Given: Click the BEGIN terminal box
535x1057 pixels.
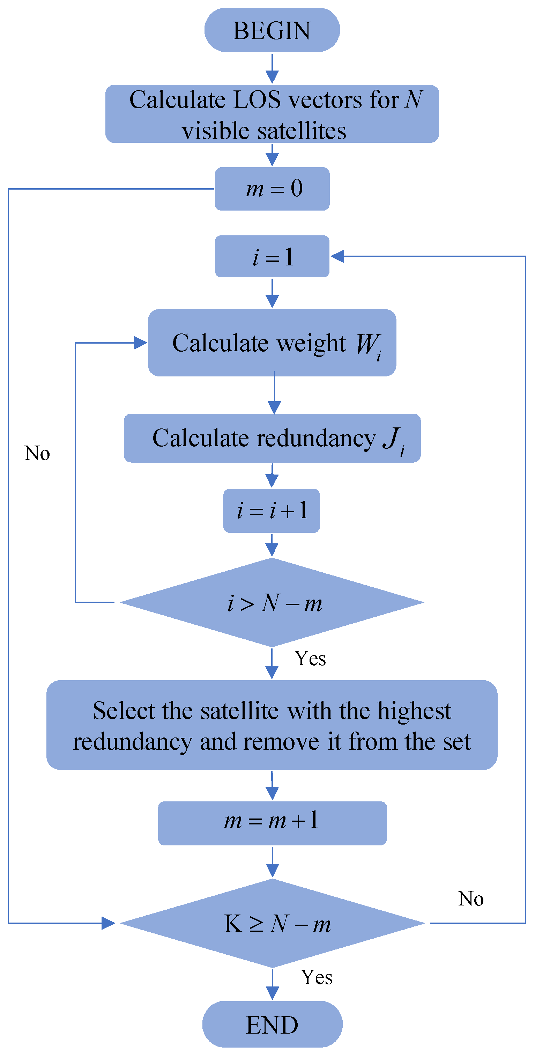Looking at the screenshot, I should click(x=272, y=30).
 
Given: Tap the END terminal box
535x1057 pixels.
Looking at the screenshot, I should click(x=272, y=1024).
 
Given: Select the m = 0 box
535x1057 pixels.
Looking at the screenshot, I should click(x=272, y=189).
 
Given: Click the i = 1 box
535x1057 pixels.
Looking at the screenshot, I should click(x=272, y=256).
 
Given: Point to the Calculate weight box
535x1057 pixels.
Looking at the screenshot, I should click(x=272, y=343).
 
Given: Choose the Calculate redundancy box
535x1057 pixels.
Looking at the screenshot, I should click(x=272, y=438).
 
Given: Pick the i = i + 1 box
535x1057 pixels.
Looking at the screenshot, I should click(x=272, y=511).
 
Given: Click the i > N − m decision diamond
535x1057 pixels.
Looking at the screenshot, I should click(x=272, y=602).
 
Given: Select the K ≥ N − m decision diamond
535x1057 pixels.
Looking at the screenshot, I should click(x=273, y=923).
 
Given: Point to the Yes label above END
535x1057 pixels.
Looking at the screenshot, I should click(x=317, y=977).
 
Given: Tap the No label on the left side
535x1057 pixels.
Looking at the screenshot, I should click(x=37, y=453).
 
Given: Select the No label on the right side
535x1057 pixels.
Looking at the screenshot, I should click(x=471, y=898).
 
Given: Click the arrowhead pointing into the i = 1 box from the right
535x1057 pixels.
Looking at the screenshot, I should click(x=337, y=256).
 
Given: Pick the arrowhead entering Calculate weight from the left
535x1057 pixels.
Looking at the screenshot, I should click(x=140, y=343).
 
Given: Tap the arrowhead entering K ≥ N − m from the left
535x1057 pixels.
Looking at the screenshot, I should click(x=108, y=923).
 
